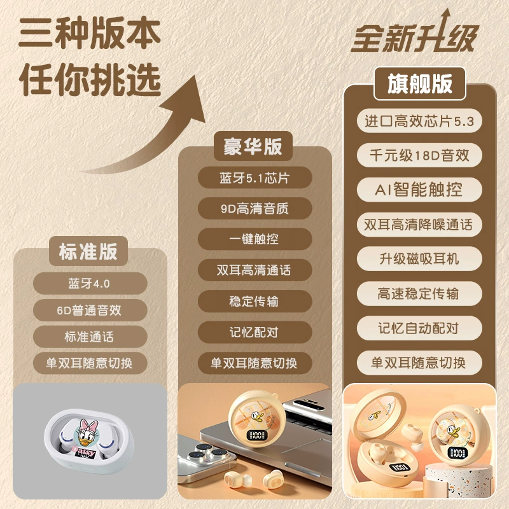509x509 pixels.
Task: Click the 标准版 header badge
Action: (x=88, y=251)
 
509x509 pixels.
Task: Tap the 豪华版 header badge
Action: (x=253, y=146)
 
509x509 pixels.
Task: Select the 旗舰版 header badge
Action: (x=420, y=83)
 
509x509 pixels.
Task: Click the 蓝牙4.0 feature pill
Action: (x=90, y=283)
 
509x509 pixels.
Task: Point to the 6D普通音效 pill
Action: (x=90, y=310)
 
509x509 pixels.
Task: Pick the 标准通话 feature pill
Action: (x=90, y=337)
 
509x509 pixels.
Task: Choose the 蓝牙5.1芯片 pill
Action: (x=255, y=178)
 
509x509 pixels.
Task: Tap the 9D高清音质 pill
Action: (x=255, y=208)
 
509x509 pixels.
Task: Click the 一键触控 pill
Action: (x=255, y=239)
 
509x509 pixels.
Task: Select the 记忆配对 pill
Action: (x=255, y=332)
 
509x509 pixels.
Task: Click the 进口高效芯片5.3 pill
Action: (x=419, y=121)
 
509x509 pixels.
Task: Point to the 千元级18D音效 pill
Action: (x=419, y=155)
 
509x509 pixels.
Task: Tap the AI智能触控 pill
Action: (x=419, y=190)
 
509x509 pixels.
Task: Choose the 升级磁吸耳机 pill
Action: (x=419, y=259)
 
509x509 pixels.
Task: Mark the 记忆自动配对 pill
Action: (x=419, y=328)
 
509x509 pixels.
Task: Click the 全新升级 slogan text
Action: (x=415, y=36)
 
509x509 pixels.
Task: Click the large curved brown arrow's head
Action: (x=186, y=99)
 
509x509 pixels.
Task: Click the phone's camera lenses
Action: (x=202, y=451)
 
